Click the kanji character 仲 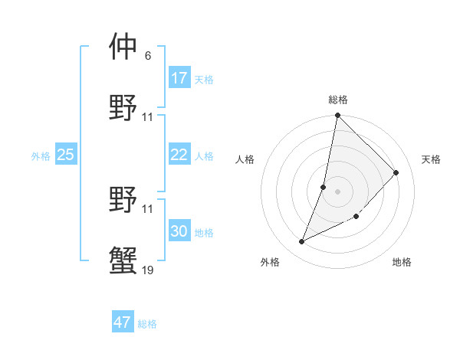tap(124, 47)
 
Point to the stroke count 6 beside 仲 tap(147, 56)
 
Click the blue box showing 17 tap(179, 77)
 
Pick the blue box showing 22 tap(179, 155)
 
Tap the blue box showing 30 tap(179, 231)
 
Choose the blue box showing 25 tap(66, 155)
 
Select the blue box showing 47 tap(123, 322)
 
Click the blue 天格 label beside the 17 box tap(204, 79)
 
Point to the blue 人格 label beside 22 tap(204, 156)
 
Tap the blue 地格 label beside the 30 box tap(204, 233)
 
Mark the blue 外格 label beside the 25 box tap(41, 156)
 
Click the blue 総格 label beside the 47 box tap(147, 324)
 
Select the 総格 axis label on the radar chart tap(338, 100)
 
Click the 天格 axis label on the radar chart tap(431, 159)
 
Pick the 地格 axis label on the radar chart tap(402, 262)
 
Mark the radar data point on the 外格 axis tap(302, 242)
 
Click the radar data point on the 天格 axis tap(396, 172)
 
